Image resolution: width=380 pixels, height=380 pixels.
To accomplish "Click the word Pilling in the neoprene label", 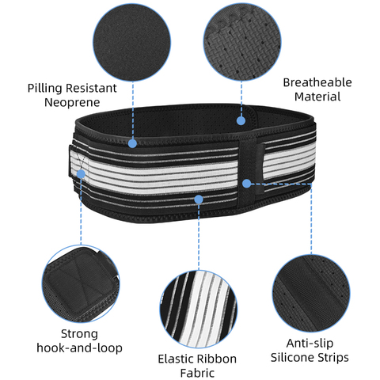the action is pos(46,88).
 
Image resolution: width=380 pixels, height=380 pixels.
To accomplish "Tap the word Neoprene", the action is pos(72,102).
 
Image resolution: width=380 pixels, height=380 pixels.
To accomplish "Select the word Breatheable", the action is pos(317,82).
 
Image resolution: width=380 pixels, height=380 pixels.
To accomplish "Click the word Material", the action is pos(317,97).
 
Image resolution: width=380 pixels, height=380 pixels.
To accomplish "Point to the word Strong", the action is pos(79,334).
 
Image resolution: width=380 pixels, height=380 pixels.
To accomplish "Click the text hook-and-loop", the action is pos(79,348).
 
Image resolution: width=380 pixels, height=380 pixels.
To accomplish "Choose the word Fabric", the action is pos(197,373).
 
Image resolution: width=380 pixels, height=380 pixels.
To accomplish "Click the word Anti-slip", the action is pos(310,344).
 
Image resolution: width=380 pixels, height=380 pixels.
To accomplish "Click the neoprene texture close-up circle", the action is pos(131,42).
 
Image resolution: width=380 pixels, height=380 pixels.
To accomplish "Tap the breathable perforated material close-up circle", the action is pos(242,42).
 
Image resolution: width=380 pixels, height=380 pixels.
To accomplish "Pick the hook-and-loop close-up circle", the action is pos(81,284).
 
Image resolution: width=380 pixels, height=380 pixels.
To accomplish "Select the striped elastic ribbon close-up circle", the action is pos(199,309).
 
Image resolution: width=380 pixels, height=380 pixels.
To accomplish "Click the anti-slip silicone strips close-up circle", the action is pos(311,293).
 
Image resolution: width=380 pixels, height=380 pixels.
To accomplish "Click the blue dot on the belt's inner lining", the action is pos(241,121).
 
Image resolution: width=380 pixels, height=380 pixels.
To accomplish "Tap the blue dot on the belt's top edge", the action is pos(132,143).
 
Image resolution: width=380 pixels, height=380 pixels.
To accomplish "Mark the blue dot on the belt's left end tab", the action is pos(81,174).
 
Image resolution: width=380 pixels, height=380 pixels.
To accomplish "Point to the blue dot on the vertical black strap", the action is pos(247,184).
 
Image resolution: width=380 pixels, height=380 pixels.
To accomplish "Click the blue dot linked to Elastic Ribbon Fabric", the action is pos(199,199).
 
